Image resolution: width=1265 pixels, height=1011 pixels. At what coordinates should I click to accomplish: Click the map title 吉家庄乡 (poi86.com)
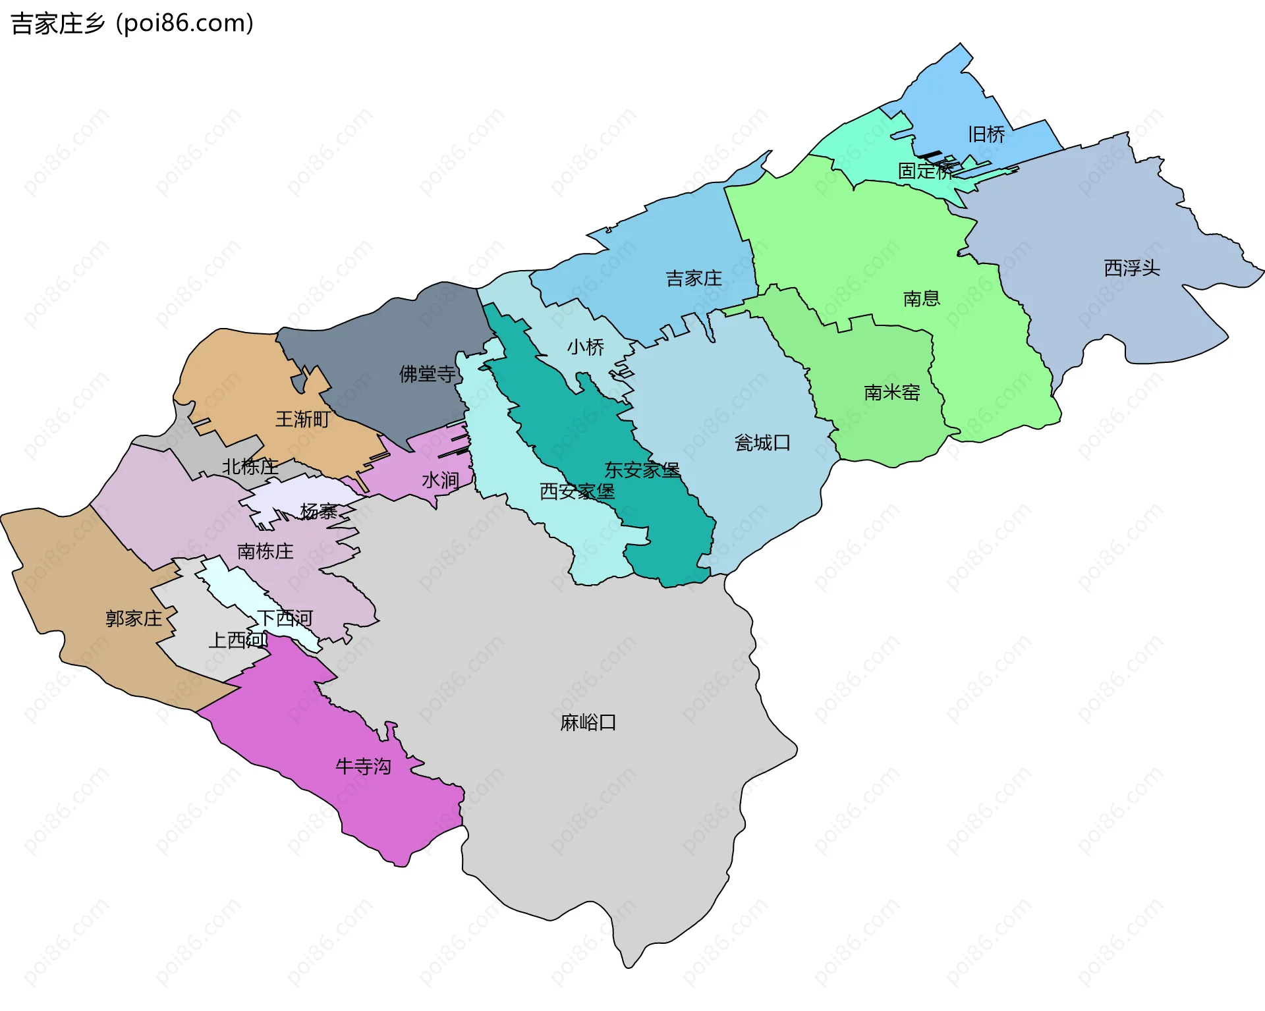[x=132, y=24]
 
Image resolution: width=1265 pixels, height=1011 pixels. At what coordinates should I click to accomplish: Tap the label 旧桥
[x=986, y=134]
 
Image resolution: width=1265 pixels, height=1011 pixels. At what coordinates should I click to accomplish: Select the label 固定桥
[x=926, y=171]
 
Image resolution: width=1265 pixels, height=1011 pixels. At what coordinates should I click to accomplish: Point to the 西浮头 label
[x=1131, y=268]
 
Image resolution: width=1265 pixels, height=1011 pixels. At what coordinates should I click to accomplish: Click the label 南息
[x=921, y=298]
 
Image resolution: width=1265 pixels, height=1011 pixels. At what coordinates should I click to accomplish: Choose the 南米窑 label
[x=891, y=393]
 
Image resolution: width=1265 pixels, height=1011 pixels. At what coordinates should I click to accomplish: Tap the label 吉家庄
[x=693, y=279]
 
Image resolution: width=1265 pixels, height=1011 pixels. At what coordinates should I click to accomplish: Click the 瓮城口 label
[x=762, y=443]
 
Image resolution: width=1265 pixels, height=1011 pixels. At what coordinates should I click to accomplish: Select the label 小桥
[x=585, y=347]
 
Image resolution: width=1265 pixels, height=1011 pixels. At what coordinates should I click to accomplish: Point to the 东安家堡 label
[x=642, y=470]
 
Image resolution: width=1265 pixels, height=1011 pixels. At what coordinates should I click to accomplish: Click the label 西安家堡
[x=576, y=491]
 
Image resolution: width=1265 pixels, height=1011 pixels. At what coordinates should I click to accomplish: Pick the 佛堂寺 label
[x=427, y=374]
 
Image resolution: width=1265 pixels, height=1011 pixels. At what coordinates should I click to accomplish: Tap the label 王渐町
[x=302, y=419]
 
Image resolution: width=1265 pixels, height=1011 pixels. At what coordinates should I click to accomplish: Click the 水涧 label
[x=440, y=480]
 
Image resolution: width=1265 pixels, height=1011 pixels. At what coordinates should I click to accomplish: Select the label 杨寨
[x=319, y=511]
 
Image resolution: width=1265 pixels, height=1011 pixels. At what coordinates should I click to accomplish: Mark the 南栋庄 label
[x=265, y=551]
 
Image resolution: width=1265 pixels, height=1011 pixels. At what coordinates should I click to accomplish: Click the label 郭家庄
[x=134, y=618]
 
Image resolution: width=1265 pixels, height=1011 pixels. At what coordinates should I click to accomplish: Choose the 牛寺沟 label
[x=363, y=766]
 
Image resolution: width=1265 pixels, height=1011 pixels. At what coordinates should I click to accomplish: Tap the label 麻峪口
[x=588, y=723]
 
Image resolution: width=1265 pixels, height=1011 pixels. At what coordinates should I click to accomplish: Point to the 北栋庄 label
[x=250, y=466]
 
